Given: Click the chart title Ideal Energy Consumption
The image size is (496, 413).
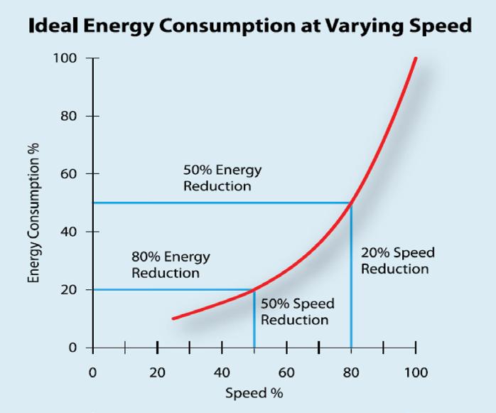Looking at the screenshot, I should coord(249,27).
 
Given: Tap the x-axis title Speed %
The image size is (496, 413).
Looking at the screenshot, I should coord(253,393).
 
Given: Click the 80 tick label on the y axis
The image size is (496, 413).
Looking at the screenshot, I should coord(69,116).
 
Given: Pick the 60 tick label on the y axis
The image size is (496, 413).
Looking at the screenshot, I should coord(69,173).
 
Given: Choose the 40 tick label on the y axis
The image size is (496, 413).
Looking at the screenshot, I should coord(69,232).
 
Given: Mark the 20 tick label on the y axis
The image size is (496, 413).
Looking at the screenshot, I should coord(69,290).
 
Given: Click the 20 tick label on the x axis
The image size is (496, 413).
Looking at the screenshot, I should coord(157,372).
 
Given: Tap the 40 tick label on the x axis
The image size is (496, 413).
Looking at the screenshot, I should coord(222,372).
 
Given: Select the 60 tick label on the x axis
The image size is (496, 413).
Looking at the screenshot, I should coord(286,372).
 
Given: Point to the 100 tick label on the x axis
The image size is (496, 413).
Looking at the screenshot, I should coord(416,372).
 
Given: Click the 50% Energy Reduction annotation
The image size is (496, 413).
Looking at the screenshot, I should coord(222,178).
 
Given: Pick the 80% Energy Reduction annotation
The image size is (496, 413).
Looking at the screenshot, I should coord(171,264).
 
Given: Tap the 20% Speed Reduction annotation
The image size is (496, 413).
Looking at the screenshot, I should coord(397,261).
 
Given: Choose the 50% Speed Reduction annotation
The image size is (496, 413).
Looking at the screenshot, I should coord(297,312).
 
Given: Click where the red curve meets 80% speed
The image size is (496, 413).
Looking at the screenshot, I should coord(351,203).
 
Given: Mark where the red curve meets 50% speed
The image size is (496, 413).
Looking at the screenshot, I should coord(254,289).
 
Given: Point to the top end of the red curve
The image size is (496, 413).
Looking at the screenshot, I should coord(416,58).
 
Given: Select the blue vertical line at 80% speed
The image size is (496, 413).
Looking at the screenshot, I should coord(351,284).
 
